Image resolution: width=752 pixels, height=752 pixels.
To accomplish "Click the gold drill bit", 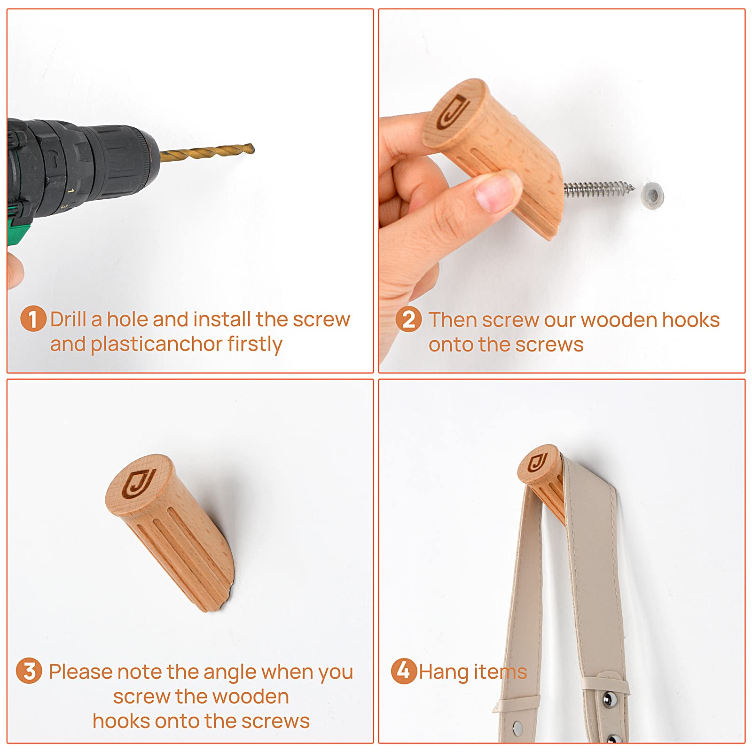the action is (207, 152).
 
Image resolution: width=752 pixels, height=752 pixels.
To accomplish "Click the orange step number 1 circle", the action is (33, 319).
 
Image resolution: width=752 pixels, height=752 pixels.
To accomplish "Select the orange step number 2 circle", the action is (408, 320).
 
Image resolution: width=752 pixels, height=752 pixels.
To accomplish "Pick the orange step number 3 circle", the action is (29, 671).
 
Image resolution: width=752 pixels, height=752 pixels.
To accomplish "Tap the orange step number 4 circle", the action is (404, 671).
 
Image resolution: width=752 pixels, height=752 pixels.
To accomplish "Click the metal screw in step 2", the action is (599, 188).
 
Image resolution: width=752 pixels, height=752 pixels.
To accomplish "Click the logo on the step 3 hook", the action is (138, 484).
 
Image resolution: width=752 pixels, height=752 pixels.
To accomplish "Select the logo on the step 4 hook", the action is (537, 463).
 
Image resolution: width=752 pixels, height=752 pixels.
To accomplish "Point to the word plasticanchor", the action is (157, 345).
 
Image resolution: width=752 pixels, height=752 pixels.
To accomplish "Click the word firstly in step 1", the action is (255, 345).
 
